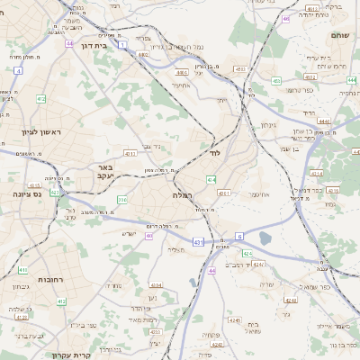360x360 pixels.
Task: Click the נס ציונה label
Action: (x=30, y=193)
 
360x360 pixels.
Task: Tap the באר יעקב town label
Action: (x=106, y=171)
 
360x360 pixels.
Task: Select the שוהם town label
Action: (x=340, y=35)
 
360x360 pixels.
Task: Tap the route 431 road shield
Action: (x=197, y=242)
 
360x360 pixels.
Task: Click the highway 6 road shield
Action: (x=239, y=236)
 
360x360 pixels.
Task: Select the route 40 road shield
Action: (x=149, y=236)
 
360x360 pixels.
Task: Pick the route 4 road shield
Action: (x=18, y=69)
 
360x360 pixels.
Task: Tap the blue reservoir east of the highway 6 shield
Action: (x=265, y=238)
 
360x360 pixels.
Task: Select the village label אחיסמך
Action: (x=179, y=86)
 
